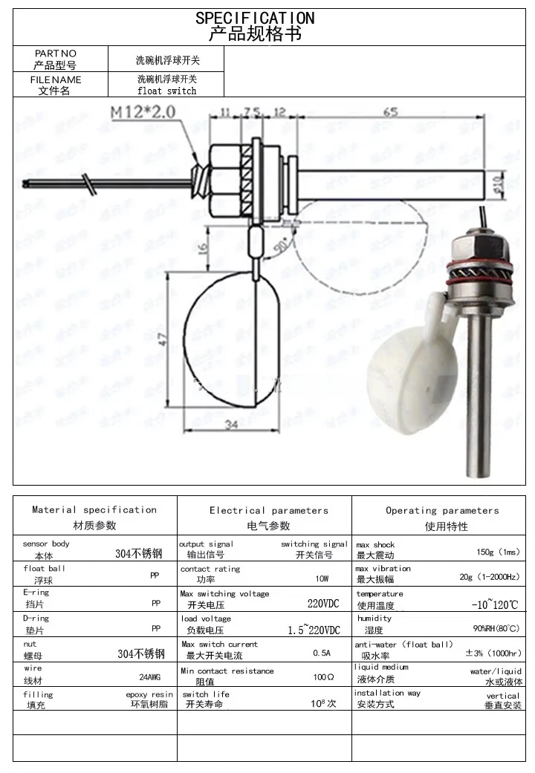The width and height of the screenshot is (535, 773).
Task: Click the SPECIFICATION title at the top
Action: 255,18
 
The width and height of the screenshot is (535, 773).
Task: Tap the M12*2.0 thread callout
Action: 143,113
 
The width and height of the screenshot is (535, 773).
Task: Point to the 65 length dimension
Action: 389,111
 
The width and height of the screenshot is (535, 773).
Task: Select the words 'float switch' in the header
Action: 167,91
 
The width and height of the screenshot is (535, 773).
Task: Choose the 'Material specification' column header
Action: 94,509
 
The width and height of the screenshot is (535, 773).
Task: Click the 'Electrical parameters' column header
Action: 268,510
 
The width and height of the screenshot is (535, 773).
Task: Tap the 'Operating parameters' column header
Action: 442,510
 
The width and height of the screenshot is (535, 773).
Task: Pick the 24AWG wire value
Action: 149,677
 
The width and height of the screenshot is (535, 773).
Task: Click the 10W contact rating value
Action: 322,578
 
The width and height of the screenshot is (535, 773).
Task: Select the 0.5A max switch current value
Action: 322,653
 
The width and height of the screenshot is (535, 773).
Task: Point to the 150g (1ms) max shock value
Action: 498,552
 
